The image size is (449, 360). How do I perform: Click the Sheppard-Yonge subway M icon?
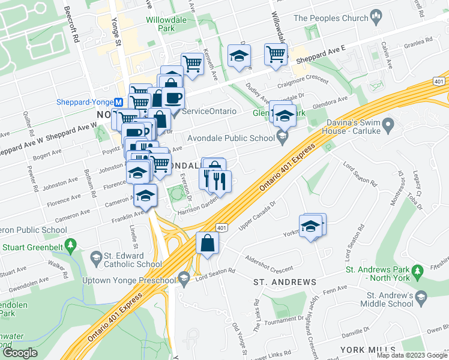pyautogui.click(x=119, y=101)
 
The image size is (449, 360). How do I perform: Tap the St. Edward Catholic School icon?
pyautogui.click(x=95, y=258)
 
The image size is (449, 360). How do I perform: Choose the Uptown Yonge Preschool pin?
pyautogui.click(x=183, y=277)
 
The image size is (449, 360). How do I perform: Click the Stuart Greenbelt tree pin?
pyautogui.click(x=71, y=245)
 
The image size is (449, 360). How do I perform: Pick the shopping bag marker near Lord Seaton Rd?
pyautogui.click(x=207, y=244)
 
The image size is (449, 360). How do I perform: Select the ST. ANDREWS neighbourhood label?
pyautogui.click(x=285, y=282)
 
